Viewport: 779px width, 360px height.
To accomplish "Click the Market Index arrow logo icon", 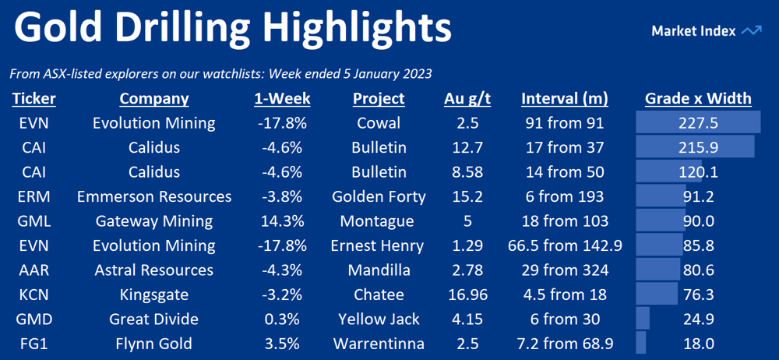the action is pyautogui.click(x=751, y=31).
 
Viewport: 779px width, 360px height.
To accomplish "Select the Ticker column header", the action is pyautogui.click(x=33, y=98).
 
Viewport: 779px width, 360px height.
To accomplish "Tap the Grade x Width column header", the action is pyautogui.click(x=698, y=98).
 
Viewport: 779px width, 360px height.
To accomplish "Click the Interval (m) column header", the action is pyautogui.click(x=564, y=99).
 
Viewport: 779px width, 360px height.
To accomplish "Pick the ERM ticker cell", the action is pyautogui.click(x=33, y=196).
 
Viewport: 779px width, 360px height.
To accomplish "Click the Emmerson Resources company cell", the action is pyautogui.click(x=154, y=196).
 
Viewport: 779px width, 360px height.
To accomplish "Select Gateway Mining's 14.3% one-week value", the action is pyautogui.click(x=282, y=221).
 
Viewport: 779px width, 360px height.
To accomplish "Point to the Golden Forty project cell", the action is pyautogui.click(x=379, y=196).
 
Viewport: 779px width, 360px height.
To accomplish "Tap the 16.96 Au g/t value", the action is pyautogui.click(x=467, y=295).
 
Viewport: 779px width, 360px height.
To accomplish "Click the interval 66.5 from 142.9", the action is pyautogui.click(x=565, y=245).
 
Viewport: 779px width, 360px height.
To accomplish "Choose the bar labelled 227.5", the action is pyautogui.click(x=698, y=123).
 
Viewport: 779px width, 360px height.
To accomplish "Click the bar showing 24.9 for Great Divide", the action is pyautogui.click(x=643, y=318).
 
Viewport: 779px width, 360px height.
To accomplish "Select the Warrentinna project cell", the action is pyautogui.click(x=379, y=343).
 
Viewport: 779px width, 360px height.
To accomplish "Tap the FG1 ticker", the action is pyautogui.click(x=33, y=343).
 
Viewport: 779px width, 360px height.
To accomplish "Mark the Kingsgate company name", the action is pyautogui.click(x=154, y=295).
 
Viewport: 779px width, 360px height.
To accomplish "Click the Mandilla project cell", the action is pyautogui.click(x=379, y=270).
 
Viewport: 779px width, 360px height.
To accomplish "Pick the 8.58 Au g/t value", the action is pyautogui.click(x=467, y=172).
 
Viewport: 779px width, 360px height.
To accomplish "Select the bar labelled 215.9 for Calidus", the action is pyautogui.click(x=696, y=147).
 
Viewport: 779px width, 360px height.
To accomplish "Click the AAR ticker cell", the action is pyautogui.click(x=33, y=270).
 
